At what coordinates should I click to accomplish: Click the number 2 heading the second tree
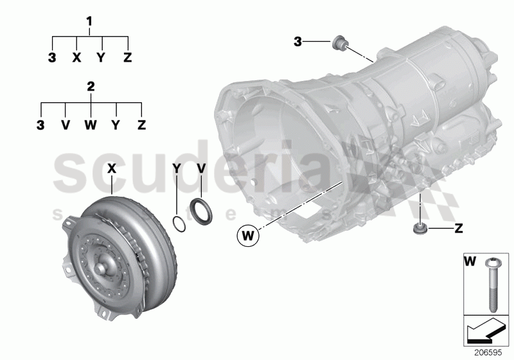pos(91,86)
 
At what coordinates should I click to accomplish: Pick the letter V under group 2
pos(66,124)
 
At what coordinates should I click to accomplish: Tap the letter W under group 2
pos(91,124)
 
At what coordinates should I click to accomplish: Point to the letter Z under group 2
pos(141,124)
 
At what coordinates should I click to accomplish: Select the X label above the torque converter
pos(111,168)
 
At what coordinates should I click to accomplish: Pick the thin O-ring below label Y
pos(181,224)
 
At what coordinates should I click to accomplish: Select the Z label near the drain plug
pos(459,228)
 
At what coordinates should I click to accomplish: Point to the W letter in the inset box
pos(470,262)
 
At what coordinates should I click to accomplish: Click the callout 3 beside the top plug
pos(298,42)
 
